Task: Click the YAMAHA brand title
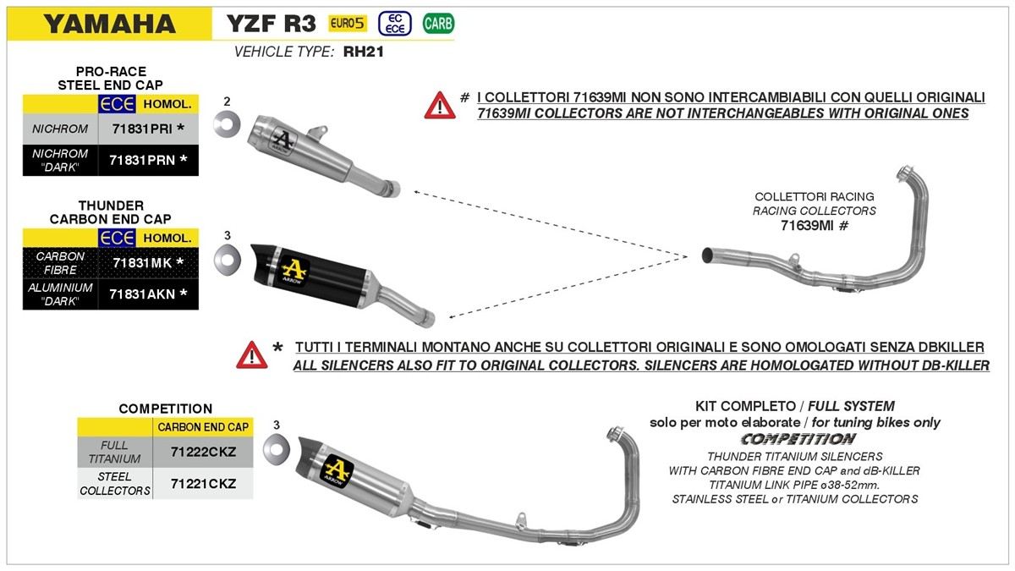(109, 24)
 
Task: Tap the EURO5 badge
(347, 23)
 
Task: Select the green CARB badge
(438, 24)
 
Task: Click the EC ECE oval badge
(395, 24)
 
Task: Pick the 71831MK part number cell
(141, 263)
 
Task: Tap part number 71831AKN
(141, 294)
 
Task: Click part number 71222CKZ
(203, 453)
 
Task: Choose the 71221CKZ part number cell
(203, 484)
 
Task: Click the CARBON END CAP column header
(203, 427)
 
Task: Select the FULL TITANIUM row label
(114, 453)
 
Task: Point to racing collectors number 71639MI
(807, 226)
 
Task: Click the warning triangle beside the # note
(440, 105)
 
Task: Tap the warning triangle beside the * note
(252, 355)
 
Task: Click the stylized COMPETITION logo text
(798, 439)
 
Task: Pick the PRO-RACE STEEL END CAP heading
(110, 78)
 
